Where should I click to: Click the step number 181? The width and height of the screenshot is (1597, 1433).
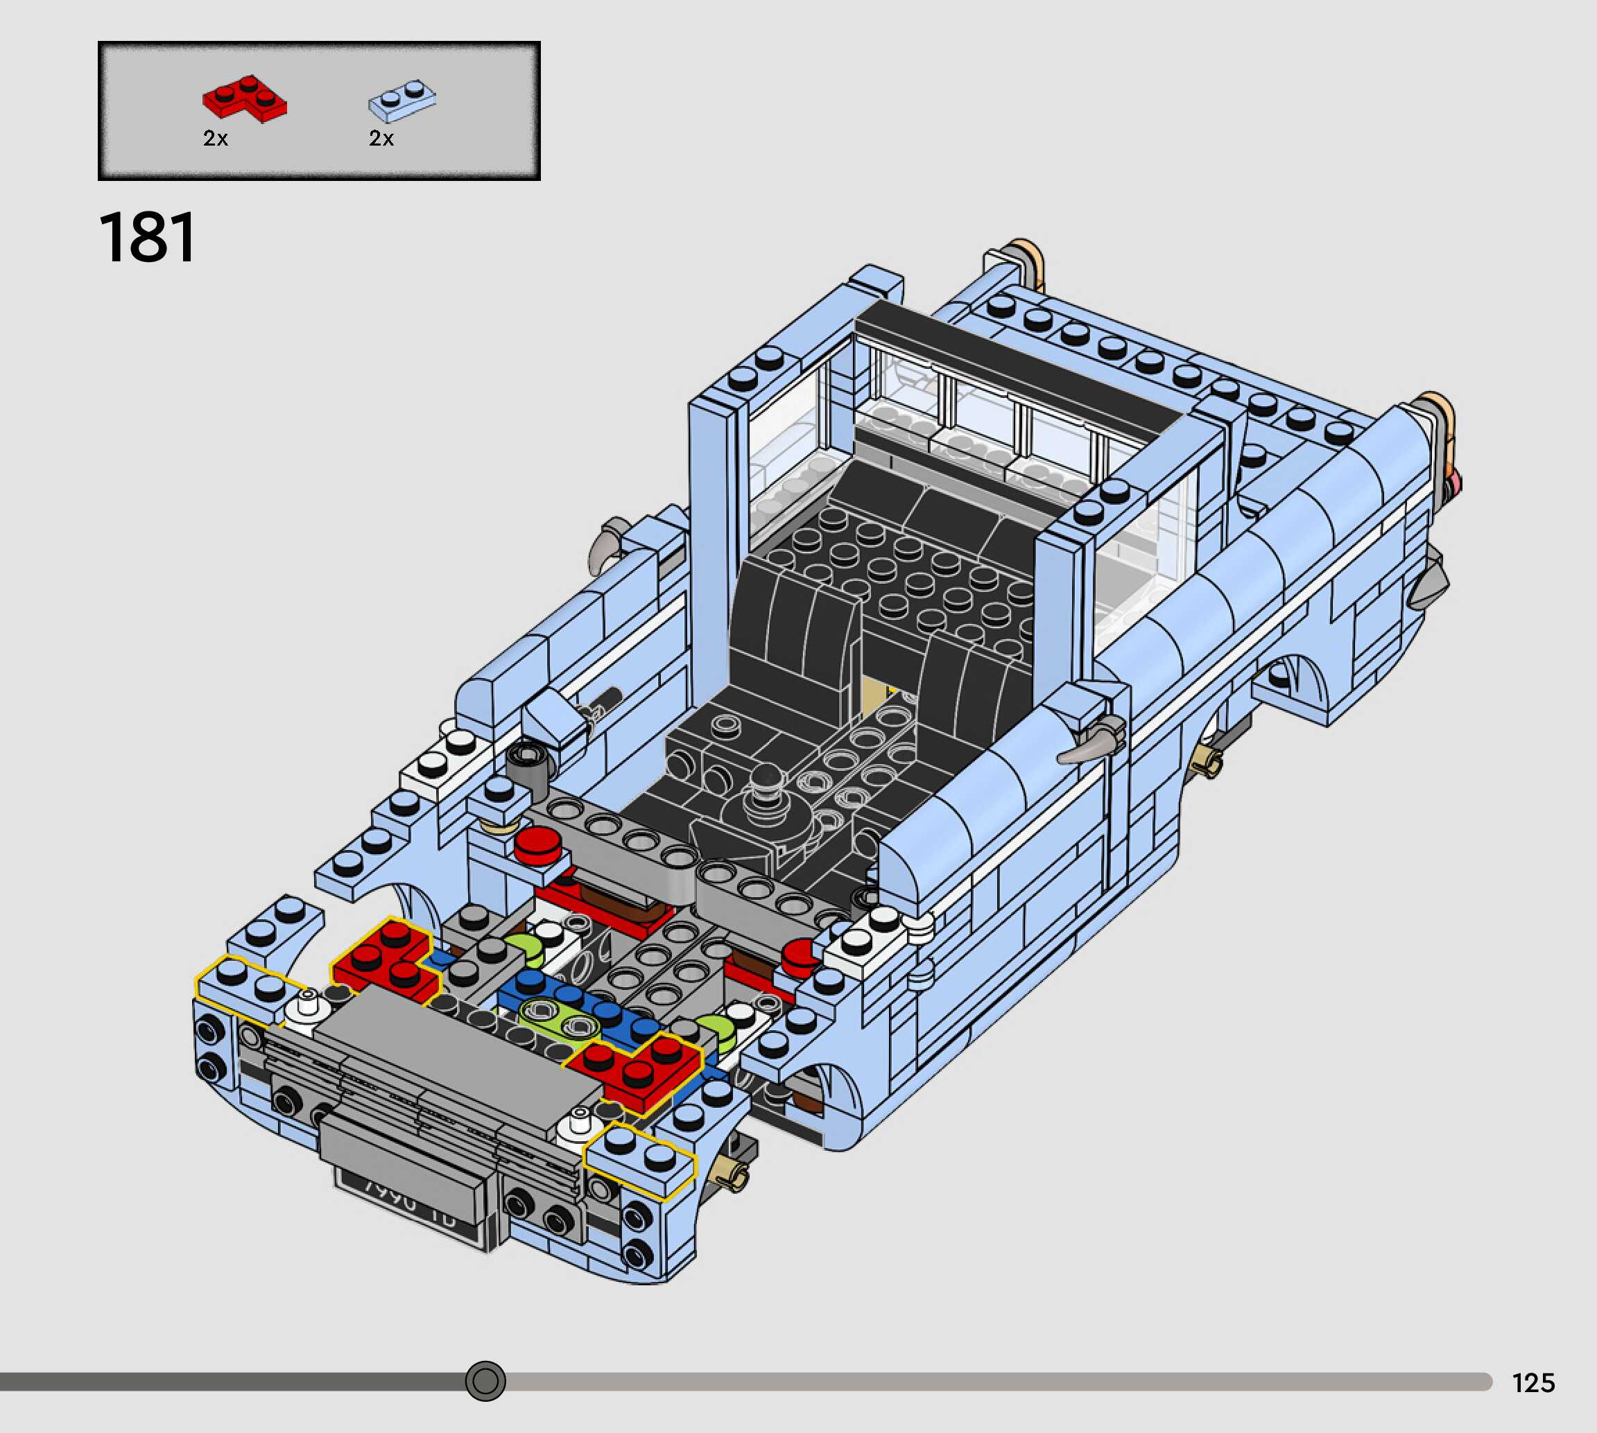(x=147, y=238)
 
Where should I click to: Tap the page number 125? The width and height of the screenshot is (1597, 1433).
(x=1533, y=1382)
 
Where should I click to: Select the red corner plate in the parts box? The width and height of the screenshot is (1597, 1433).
(x=244, y=98)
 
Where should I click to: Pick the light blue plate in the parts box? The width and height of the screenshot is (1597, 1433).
(x=402, y=100)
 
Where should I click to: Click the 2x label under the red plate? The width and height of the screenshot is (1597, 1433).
(x=215, y=139)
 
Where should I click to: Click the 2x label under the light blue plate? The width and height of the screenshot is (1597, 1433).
(x=381, y=139)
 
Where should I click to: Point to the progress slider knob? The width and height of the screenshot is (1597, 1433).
(x=485, y=1381)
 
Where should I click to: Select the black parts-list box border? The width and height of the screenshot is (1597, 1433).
(x=319, y=44)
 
